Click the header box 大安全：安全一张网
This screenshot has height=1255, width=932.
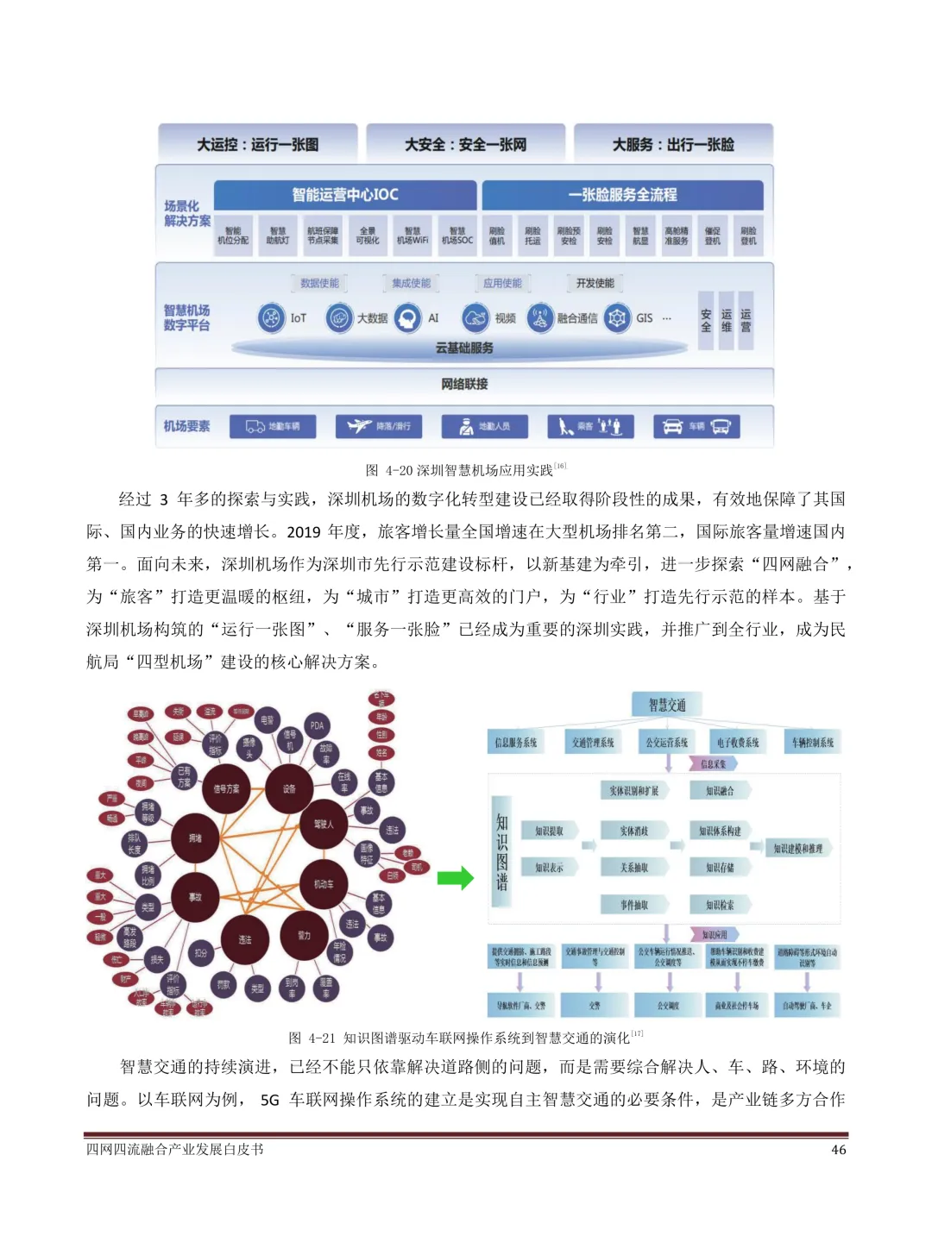point(465,144)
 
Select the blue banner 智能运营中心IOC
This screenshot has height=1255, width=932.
point(345,195)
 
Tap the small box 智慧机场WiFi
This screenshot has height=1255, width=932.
point(412,235)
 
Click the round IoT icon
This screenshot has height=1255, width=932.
point(271,317)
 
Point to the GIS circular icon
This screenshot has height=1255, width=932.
point(617,317)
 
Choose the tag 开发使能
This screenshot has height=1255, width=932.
point(595,283)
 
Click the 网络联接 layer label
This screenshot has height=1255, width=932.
point(464,384)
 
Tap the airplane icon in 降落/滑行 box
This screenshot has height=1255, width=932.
point(359,426)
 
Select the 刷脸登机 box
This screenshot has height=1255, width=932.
point(747,235)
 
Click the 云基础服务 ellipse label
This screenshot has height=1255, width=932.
point(464,348)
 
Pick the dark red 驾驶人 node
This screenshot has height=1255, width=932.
point(324,825)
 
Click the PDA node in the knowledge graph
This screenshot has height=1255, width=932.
point(317,725)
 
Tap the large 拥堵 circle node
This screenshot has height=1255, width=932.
point(195,838)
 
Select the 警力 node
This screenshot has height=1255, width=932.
point(304,935)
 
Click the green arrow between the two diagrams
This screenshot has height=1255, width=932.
point(455,878)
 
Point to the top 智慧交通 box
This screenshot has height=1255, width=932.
point(667,705)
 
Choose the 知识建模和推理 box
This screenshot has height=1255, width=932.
point(797,849)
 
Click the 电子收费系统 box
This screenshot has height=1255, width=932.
point(738,742)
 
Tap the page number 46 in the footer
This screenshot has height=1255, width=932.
point(838,1150)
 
